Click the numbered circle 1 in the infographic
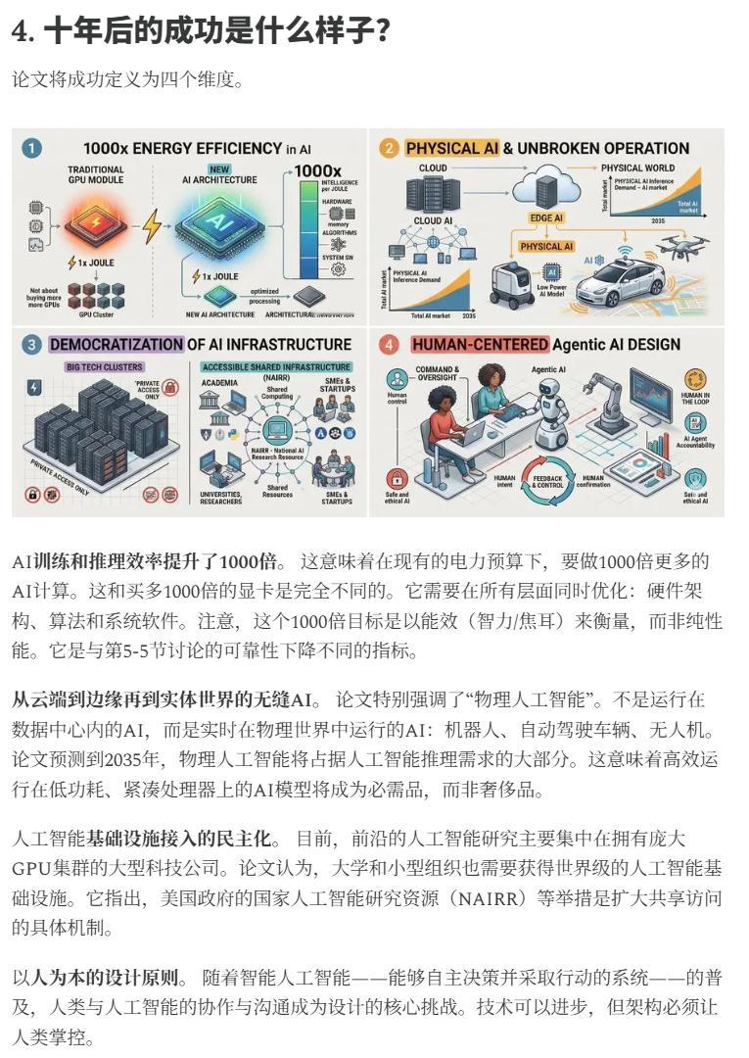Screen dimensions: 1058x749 31,148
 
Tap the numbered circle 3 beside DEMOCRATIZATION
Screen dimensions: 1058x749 31,344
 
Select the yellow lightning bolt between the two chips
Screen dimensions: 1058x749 151,227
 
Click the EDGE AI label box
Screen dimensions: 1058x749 545,217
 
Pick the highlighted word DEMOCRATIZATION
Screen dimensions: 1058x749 116,344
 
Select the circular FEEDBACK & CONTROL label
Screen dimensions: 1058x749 548,481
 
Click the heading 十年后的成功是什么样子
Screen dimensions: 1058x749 201,31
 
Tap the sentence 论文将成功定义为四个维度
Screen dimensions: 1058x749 127,79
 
